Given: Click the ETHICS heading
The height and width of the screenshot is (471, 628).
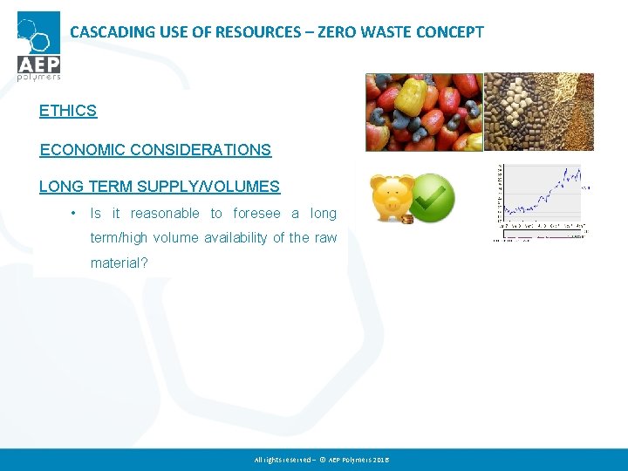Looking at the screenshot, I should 68,111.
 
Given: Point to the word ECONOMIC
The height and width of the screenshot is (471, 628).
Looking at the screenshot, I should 82,149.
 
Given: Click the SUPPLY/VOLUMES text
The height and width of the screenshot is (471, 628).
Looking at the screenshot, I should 218,186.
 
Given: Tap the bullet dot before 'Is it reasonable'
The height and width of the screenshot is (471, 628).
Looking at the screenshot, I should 75,214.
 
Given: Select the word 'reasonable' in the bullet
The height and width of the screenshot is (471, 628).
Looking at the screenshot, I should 165,214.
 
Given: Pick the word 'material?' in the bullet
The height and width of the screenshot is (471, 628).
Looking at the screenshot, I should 119,263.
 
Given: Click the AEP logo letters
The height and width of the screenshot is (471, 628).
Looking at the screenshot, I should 38,64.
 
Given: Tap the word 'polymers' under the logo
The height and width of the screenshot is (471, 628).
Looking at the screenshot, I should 38,78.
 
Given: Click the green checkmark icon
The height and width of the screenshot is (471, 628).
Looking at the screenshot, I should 433,197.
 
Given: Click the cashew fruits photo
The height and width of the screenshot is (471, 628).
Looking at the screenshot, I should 423,112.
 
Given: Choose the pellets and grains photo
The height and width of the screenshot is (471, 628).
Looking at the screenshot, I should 539,112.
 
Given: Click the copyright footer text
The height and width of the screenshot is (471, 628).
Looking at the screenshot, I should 322,459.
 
